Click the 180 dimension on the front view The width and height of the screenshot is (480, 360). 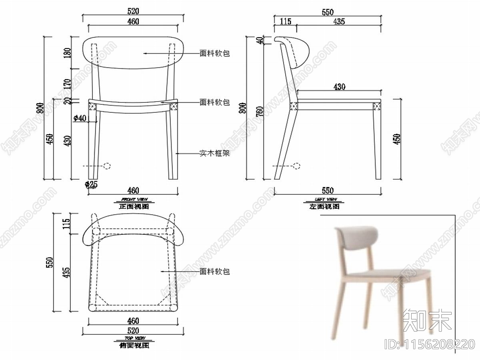pos(67,52)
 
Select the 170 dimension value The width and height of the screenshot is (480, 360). pos(67,84)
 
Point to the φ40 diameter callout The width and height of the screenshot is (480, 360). pos(80,118)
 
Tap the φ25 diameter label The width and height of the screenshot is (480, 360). pos(91,184)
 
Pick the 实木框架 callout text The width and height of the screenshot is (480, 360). pos(214,153)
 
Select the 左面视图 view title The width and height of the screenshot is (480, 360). pos(324,207)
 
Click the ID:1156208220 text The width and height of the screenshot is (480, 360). pos(429,344)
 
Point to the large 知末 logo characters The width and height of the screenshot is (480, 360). pos(428,320)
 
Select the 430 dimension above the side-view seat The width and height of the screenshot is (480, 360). pos(339,86)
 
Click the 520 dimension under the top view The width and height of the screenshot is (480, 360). pos(133,330)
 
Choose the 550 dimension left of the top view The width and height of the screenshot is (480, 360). pos(50,262)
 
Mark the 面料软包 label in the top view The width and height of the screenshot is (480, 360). pos(214,272)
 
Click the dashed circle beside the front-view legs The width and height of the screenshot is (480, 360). pos(106,166)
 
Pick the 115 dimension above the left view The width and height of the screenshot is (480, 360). pos(285,22)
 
